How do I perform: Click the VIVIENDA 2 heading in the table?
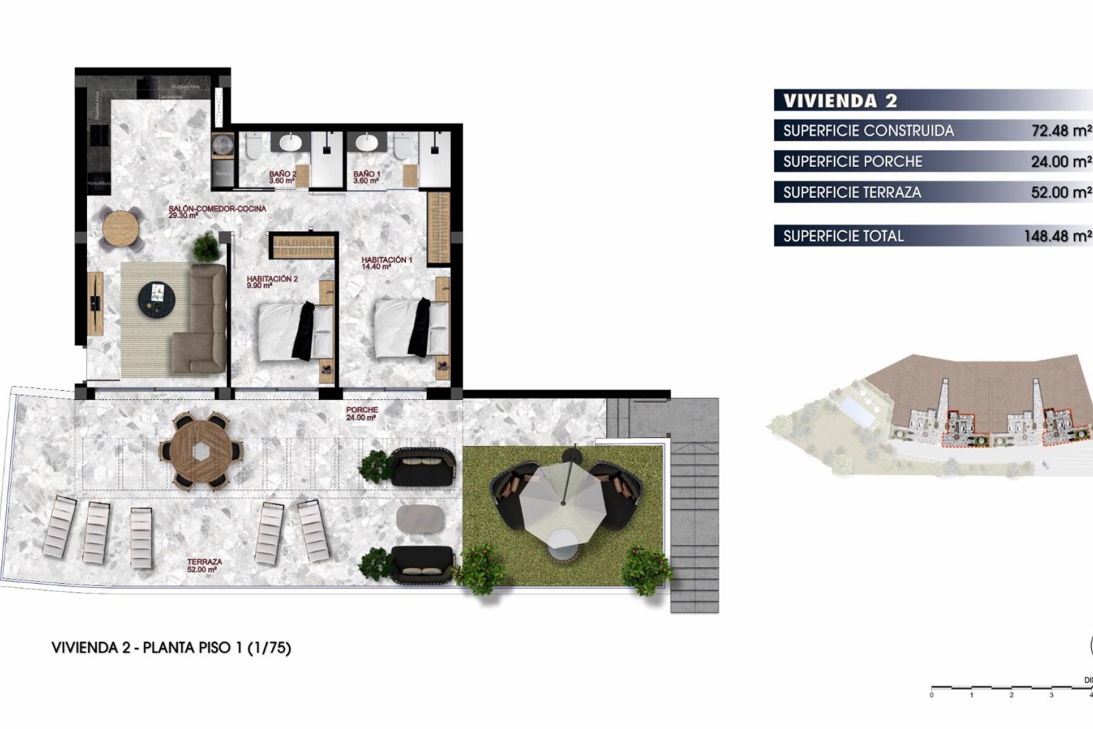coord(840,101)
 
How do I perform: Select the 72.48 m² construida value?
coord(1061,131)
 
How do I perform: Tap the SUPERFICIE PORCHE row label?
coord(852,162)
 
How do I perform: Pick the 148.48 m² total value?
coord(1057,236)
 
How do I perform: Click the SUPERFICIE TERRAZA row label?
coord(852,193)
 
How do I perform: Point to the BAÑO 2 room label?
coord(282,177)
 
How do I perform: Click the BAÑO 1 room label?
coord(366,177)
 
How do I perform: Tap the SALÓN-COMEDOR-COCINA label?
coord(217,211)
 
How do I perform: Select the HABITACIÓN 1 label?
coord(387,262)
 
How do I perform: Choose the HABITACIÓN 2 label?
coord(272,282)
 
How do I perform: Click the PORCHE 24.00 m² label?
coord(361,413)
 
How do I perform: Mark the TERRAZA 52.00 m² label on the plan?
coord(204,565)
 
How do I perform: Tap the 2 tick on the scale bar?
coord(1012,694)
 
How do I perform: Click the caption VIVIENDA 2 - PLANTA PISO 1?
coord(171,648)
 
